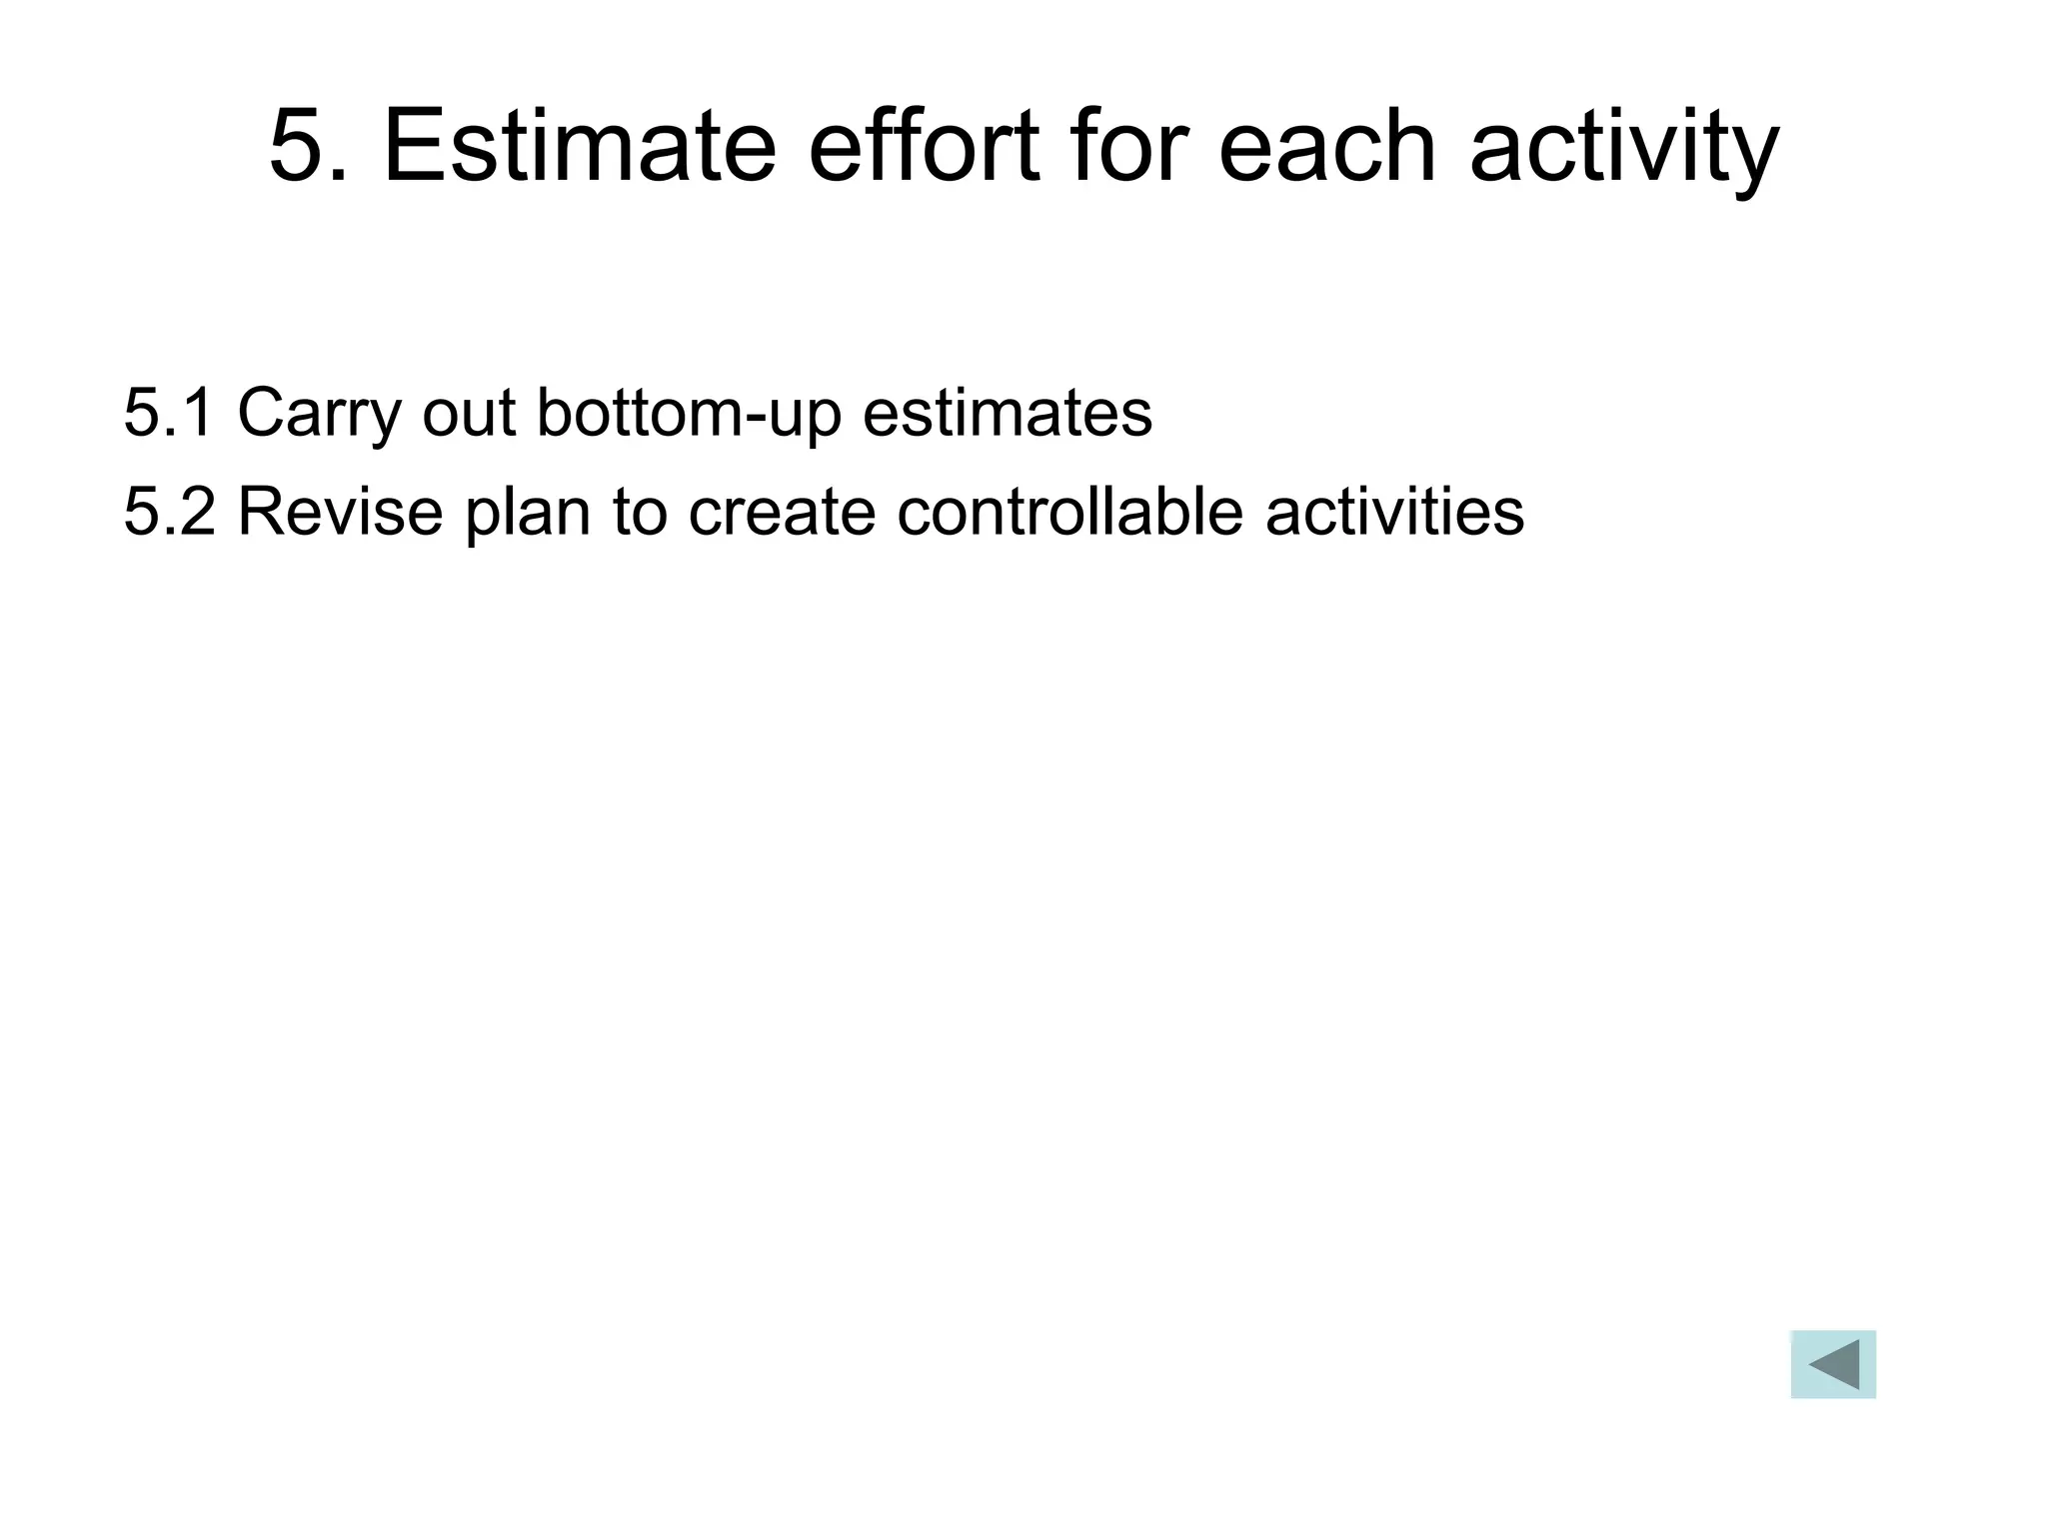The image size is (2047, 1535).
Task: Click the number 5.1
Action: coord(168,412)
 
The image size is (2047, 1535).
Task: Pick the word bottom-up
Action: coord(689,414)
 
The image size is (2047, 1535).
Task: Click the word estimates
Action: coord(1007,412)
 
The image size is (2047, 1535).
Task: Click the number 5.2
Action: coord(168,511)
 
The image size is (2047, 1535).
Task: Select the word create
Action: coord(782,511)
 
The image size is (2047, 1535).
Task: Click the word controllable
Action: coord(1069,511)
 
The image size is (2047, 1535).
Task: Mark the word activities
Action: coord(1394,511)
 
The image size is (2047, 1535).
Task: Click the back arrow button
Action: coord(1833,1364)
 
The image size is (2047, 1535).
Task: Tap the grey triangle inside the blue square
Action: coord(1837,1364)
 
